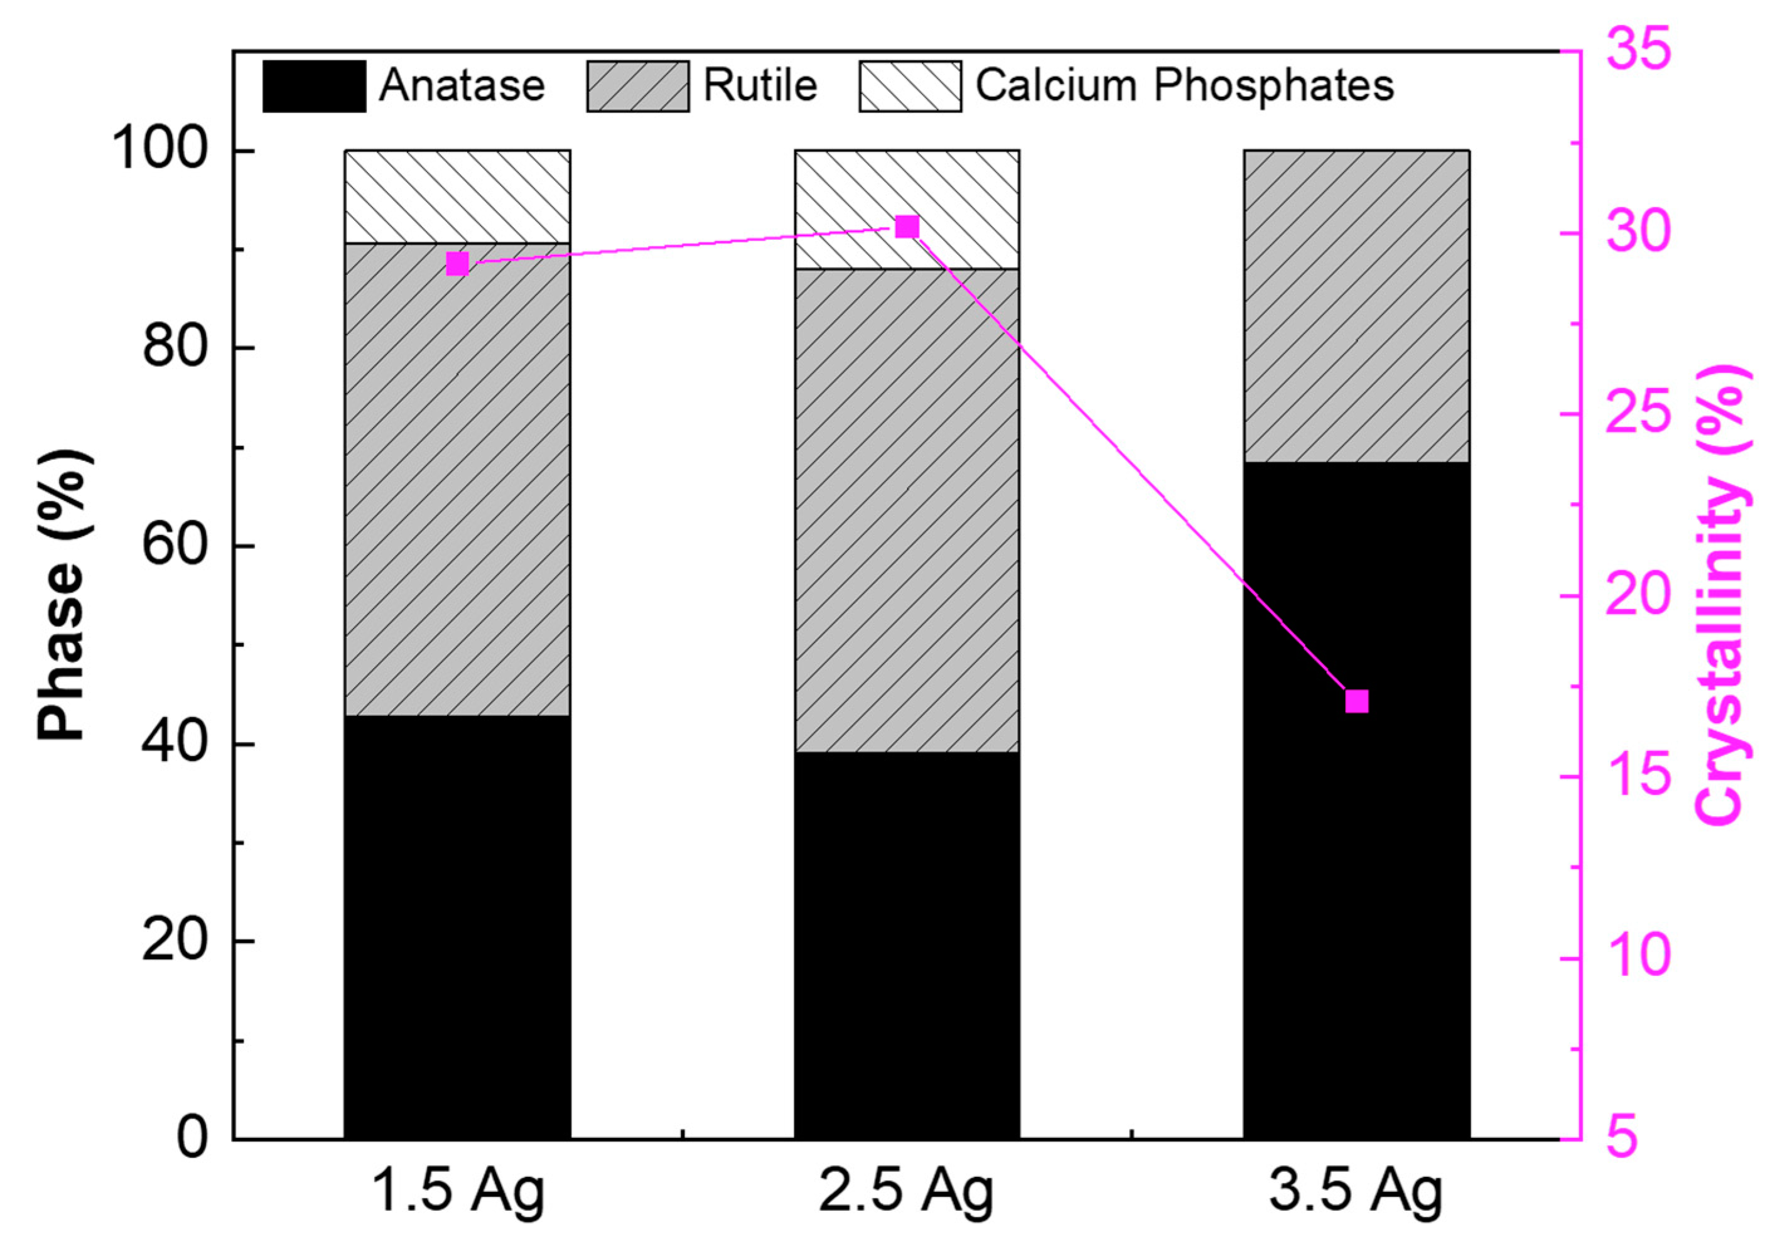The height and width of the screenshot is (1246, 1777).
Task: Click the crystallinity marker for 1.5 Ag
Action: pos(457,264)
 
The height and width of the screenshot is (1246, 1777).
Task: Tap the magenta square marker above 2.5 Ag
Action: pos(907,227)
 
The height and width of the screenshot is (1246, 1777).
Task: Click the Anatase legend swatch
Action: pos(314,86)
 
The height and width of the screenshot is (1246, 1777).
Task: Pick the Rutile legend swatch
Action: pos(638,86)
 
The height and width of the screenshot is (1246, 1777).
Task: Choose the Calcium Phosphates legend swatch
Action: pos(910,86)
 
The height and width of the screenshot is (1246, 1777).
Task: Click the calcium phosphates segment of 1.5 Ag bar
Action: pos(457,197)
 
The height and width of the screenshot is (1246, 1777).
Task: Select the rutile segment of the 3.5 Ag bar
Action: pos(1356,306)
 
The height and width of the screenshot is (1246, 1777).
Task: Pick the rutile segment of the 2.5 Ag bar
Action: pos(906,511)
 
